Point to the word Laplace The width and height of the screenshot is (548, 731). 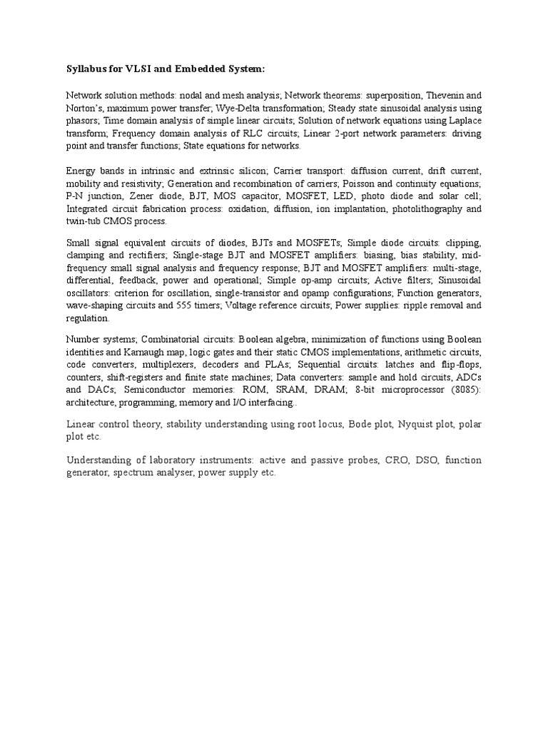tap(464, 121)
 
